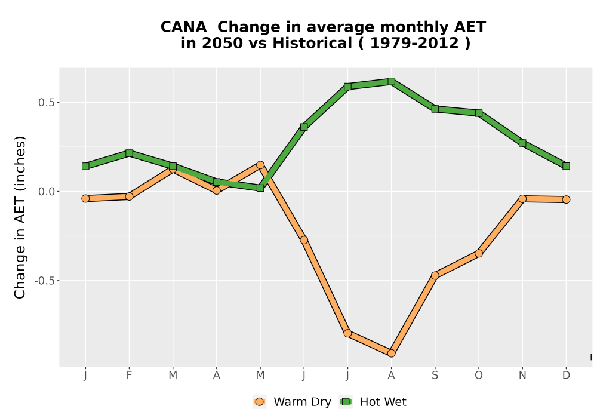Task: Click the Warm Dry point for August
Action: (391, 354)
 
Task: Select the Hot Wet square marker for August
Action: (391, 81)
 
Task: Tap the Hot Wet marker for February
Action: (129, 153)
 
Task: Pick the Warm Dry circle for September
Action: (435, 275)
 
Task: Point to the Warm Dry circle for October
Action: (479, 253)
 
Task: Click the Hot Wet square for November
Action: (522, 143)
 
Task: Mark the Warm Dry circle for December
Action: (566, 199)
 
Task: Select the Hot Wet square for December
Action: (566, 166)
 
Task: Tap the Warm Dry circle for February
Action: (129, 196)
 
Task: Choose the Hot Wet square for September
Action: (435, 109)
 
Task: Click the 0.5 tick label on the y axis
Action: (47, 102)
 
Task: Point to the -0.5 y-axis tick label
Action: (45, 281)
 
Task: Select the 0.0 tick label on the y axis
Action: (47, 192)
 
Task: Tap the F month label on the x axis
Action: (129, 376)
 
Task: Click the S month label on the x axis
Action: (435, 376)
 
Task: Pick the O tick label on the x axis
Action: (479, 376)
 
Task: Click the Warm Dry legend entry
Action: (292, 402)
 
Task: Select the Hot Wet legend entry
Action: (373, 402)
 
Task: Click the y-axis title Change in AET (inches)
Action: (20, 217)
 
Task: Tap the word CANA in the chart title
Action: (183, 27)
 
